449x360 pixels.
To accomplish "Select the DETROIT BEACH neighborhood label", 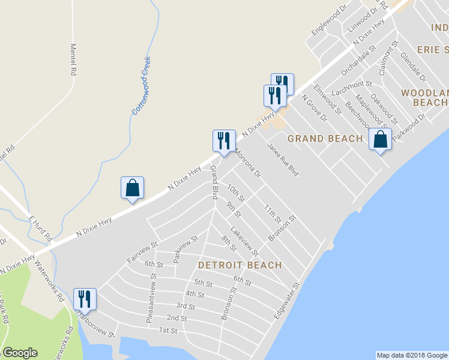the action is (x=240, y=265).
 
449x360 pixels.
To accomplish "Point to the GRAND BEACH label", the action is (x=325, y=139).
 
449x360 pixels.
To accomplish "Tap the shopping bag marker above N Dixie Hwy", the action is (x=132, y=188).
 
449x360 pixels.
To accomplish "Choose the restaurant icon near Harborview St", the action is (x=84, y=299).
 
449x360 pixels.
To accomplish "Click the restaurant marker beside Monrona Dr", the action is (x=223, y=141).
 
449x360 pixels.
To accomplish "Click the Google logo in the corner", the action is (x=20, y=353).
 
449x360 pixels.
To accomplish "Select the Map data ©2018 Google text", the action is (x=412, y=355).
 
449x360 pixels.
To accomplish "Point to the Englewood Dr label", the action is (x=330, y=20).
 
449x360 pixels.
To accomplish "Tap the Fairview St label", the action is (x=142, y=252).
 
